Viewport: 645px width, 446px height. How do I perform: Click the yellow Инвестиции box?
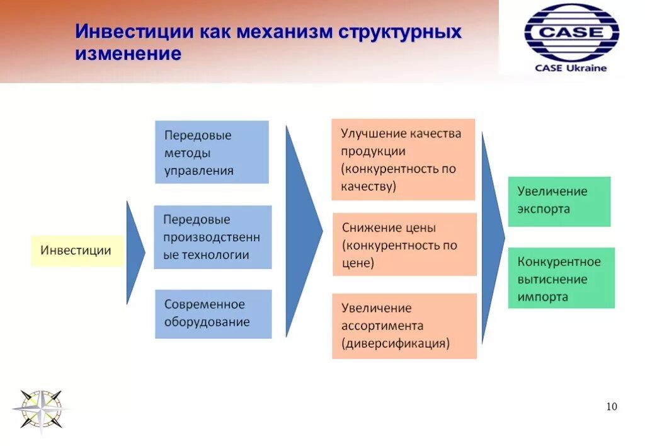click(76, 250)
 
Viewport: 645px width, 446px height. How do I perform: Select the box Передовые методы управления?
click(212, 152)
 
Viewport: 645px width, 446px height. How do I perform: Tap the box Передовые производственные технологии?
click(212, 237)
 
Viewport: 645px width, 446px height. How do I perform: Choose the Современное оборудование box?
click(213, 313)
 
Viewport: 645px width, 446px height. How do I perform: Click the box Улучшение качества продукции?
click(403, 159)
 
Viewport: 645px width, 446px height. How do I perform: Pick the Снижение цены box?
click(404, 244)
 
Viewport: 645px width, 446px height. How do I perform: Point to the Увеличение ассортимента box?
click(404, 326)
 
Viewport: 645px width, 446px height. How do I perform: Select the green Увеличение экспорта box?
click(559, 201)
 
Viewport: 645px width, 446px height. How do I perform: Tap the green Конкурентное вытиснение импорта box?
click(561, 278)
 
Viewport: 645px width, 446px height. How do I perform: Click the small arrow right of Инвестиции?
click(134, 252)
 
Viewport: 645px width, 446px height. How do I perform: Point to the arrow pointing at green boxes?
click(492, 237)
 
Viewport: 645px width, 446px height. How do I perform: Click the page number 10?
click(612, 406)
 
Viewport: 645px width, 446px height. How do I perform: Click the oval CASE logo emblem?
click(571, 32)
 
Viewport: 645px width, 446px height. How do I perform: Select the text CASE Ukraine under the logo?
click(571, 67)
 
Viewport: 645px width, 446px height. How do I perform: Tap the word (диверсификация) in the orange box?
click(396, 343)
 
